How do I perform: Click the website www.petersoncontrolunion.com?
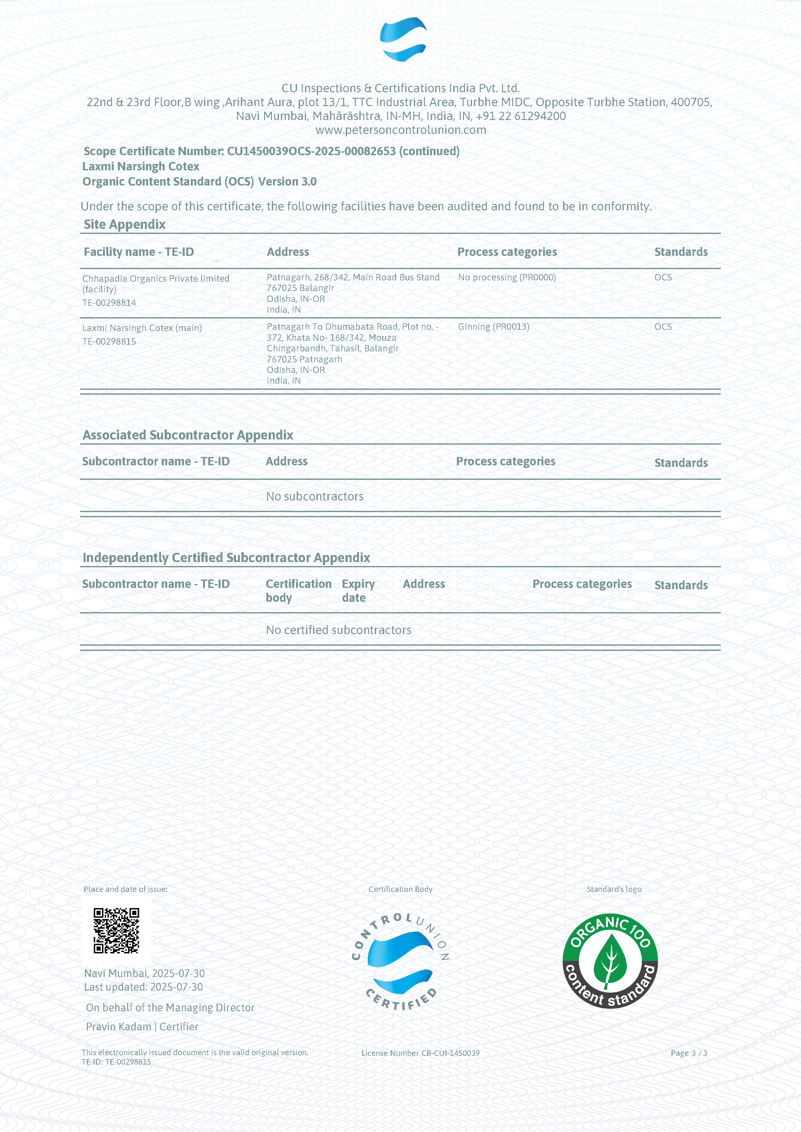(x=400, y=130)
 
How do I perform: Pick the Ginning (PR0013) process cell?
(x=493, y=327)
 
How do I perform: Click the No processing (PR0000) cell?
(x=507, y=278)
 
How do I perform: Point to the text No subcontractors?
(x=315, y=497)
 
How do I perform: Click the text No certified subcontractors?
(x=338, y=630)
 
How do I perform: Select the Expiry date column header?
(x=358, y=591)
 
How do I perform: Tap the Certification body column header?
(x=298, y=591)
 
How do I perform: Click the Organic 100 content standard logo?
(x=610, y=961)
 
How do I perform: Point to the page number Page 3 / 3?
(x=689, y=1053)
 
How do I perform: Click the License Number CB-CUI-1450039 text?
(x=420, y=1053)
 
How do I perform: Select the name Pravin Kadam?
(x=118, y=1026)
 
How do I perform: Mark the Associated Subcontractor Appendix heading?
(x=188, y=435)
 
